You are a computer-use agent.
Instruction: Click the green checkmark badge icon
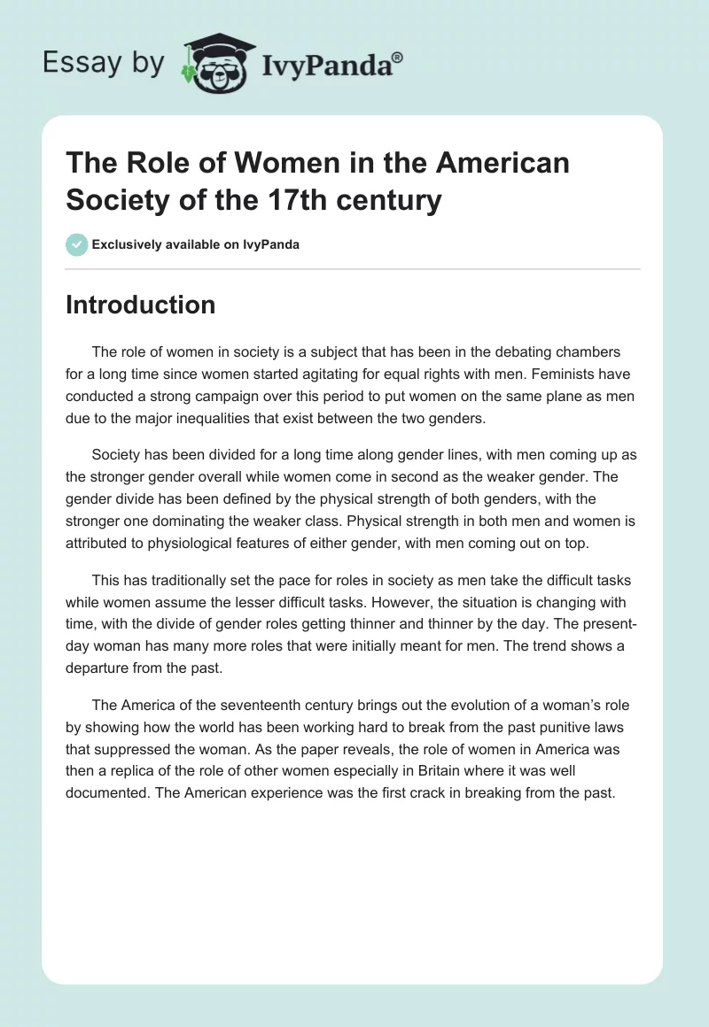(x=77, y=244)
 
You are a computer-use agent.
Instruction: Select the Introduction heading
(x=140, y=305)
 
